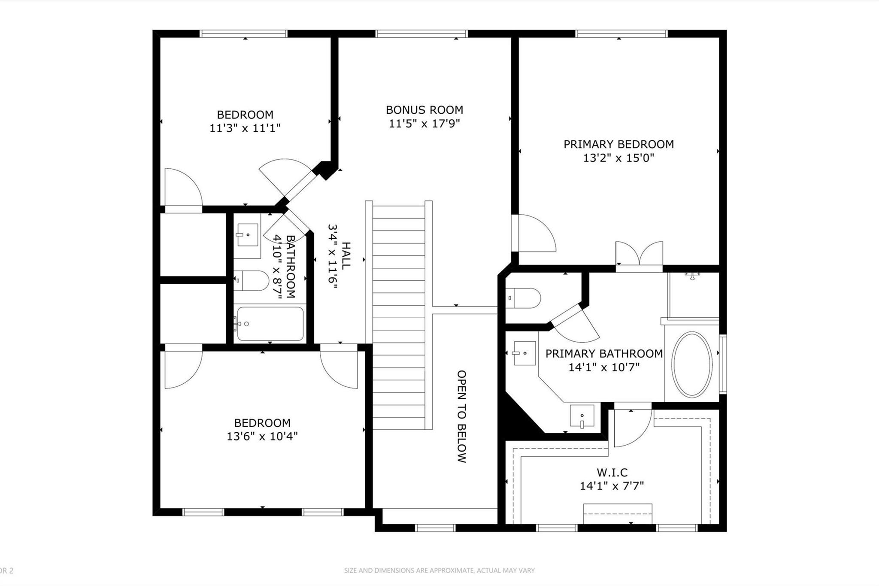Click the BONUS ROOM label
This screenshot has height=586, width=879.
424,110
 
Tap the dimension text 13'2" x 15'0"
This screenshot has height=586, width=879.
618,158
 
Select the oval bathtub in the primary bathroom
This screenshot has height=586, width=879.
691,364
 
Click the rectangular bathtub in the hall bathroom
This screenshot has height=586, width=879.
270,324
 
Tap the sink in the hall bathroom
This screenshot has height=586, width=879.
248,235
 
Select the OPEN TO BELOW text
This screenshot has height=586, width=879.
461,416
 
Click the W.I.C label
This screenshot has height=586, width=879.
612,473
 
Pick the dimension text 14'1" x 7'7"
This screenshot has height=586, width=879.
612,486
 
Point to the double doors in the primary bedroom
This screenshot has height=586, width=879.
639,254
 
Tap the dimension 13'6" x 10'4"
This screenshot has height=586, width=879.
262,436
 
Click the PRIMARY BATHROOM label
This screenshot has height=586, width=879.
604,354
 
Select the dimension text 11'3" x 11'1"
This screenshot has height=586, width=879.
245,128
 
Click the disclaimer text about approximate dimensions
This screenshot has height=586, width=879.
439,571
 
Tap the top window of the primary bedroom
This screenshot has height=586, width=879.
621,33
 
